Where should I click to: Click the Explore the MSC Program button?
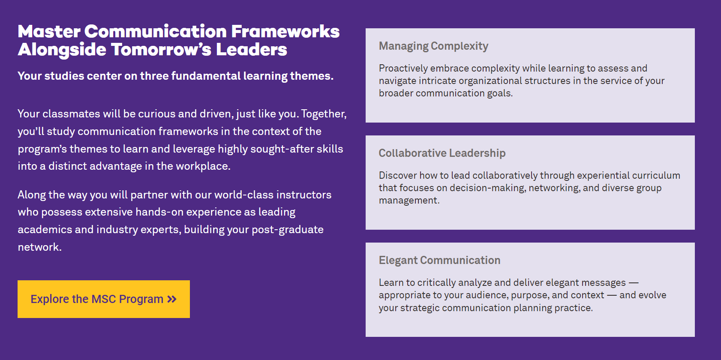tap(104, 299)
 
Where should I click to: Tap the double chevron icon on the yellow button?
tap(172, 299)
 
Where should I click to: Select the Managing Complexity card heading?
tap(433, 46)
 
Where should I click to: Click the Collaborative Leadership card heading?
tap(442, 153)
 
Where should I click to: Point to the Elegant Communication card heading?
tap(439, 260)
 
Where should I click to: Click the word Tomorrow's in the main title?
tap(161, 50)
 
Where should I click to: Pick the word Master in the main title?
tap(49, 32)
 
